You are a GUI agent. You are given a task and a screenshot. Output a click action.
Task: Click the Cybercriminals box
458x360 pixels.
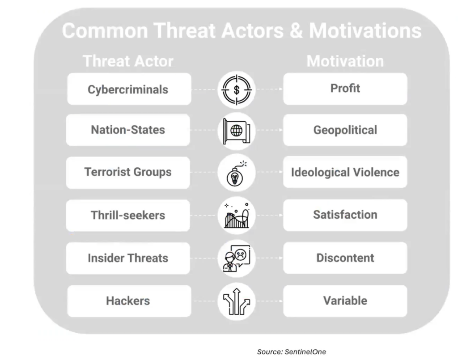click(x=129, y=89)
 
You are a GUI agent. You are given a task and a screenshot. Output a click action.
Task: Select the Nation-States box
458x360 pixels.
click(x=129, y=130)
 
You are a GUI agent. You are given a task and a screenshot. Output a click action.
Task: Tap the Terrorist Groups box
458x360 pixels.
click(x=129, y=172)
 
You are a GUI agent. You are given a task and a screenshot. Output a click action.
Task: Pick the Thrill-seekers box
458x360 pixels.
click(x=129, y=215)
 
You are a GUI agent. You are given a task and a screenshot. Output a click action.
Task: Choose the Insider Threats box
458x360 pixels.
click(x=129, y=258)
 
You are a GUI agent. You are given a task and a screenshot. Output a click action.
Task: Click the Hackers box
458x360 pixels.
click(x=129, y=301)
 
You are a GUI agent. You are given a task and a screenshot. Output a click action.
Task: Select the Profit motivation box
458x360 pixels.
click(x=345, y=89)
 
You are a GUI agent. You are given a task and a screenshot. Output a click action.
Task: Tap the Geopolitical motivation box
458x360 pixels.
click(x=345, y=130)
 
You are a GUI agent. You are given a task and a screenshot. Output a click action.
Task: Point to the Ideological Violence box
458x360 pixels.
click(x=345, y=172)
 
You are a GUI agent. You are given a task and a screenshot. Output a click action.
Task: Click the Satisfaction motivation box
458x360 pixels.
click(x=345, y=215)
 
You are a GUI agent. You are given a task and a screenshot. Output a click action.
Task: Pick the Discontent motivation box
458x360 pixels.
click(x=345, y=258)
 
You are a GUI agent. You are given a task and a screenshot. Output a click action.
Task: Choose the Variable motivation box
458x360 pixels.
click(x=345, y=301)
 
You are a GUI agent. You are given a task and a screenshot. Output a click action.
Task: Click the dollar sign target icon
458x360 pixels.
click(x=237, y=89)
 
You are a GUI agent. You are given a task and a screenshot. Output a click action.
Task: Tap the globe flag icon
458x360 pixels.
click(x=237, y=131)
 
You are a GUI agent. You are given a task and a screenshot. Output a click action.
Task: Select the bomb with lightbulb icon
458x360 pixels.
click(x=237, y=173)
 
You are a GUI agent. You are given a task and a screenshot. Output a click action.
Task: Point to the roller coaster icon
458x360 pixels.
click(x=237, y=215)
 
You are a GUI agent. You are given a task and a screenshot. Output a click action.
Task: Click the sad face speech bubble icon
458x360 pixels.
click(x=237, y=258)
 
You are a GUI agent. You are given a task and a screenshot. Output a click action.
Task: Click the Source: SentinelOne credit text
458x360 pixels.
click(x=291, y=352)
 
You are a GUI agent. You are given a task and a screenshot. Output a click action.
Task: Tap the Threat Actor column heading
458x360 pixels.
click(x=128, y=61)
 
